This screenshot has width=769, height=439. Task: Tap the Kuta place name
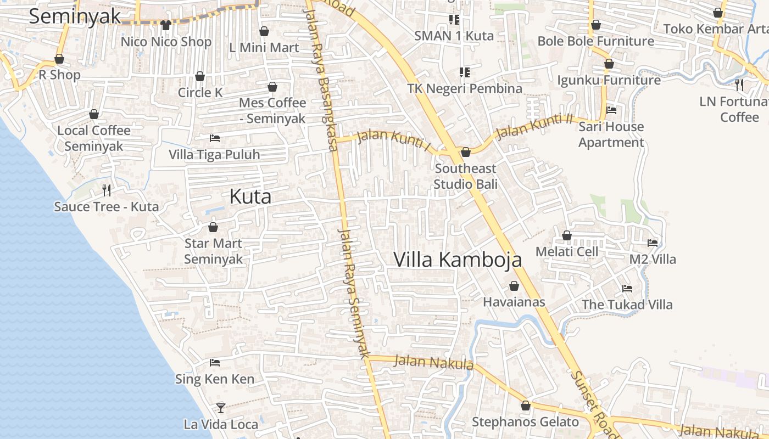250,196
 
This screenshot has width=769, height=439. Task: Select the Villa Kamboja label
458,259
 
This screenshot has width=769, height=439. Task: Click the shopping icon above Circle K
200,76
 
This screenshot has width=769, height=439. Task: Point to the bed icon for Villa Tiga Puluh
215,138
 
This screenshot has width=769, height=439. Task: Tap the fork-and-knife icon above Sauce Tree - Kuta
107,190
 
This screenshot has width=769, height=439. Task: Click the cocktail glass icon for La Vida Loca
220,408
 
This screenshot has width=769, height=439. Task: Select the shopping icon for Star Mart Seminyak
213,227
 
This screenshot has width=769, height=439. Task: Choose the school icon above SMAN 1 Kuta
454,20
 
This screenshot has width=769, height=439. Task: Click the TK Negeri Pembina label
465,88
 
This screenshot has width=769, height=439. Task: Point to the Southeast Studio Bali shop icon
466,151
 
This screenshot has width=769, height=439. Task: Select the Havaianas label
514,302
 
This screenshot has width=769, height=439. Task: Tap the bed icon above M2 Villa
653,243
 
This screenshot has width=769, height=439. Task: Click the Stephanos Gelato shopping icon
526,406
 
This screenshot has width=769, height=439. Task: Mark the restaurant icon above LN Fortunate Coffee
739,85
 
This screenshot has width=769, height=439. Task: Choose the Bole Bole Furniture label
595,41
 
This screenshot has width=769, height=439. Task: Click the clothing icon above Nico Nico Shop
166,25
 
